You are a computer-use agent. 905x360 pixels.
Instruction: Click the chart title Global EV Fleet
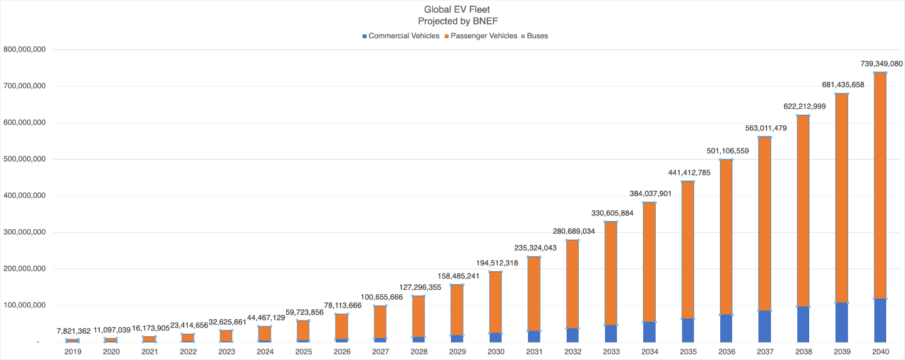tap(453, 9)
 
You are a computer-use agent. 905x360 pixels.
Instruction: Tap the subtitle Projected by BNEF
tap(453, 21)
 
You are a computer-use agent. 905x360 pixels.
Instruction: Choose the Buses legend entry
tap(537, 36)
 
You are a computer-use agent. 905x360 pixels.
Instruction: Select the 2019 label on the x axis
tap(73, 352)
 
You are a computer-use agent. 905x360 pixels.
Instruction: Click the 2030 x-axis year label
tap(495, 352)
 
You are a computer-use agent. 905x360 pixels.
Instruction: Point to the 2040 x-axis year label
tap(880, 352)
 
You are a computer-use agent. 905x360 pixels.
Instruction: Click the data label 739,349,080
tap(880, 64)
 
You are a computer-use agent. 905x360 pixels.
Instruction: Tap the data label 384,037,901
tap(649, 193)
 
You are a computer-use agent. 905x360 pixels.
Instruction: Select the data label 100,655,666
tap(380, 297)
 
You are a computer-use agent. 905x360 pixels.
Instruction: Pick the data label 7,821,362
tap(73, 331)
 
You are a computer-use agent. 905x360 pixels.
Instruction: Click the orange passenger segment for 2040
tap(880, 188)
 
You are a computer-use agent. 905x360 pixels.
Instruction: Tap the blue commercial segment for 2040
tap(880, 321)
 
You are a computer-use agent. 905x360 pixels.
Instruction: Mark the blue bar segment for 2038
tap(803, 324)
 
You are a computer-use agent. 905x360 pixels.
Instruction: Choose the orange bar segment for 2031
tap(534, 294)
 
